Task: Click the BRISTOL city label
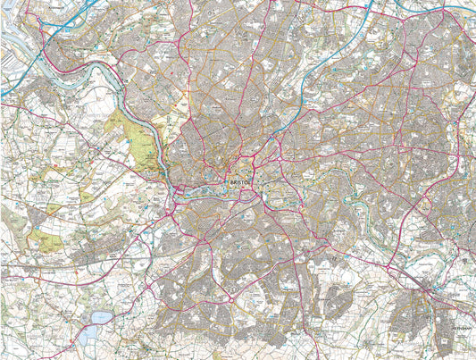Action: [241, 181]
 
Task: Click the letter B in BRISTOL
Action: [230, 181]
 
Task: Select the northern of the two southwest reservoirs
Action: [101, 317]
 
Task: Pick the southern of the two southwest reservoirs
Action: [89, 337]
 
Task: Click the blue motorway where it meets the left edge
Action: [3, 92]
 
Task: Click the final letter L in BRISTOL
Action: [253, 181]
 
